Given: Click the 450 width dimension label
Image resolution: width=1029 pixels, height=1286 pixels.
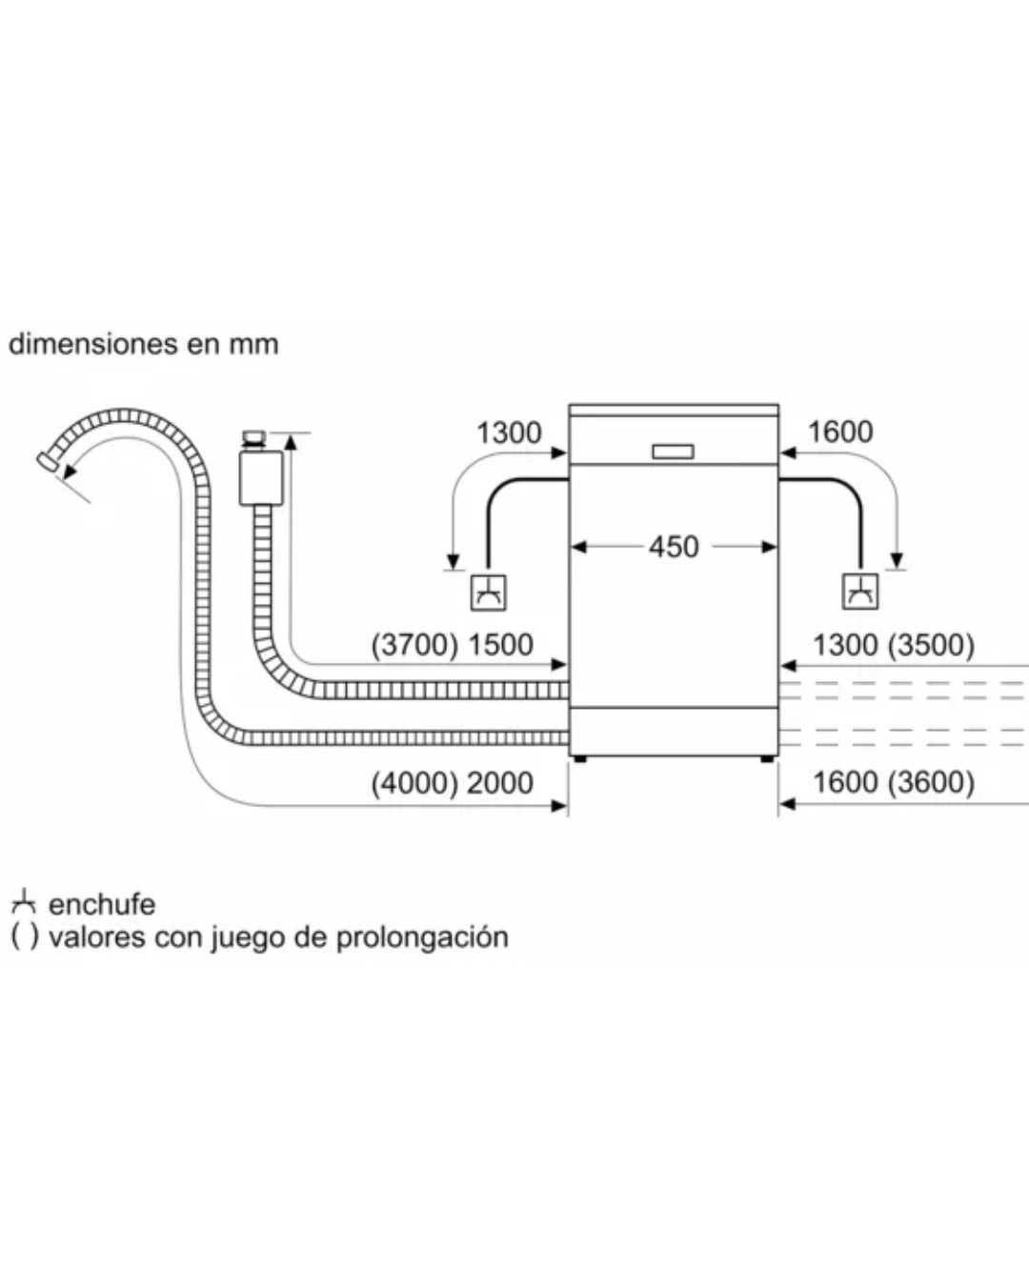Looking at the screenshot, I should pos(674,547).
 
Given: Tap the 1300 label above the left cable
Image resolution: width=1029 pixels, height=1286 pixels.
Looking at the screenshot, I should pos(509,432).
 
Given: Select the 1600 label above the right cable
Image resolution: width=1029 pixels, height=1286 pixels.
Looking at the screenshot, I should pos(839,432).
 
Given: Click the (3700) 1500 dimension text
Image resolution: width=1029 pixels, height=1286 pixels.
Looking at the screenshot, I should pos(452,645).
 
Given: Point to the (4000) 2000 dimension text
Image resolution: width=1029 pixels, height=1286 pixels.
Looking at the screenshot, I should pos(452,783).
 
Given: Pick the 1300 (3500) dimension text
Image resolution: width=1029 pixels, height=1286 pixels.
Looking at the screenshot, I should pos(893,645).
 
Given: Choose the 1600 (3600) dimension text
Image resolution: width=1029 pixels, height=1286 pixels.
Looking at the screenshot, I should pos(893,782).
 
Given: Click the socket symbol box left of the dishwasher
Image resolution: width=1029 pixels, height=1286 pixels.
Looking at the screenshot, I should pos(489,593).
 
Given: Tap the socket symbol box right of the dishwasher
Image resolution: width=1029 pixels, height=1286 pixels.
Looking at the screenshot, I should pos(860,592).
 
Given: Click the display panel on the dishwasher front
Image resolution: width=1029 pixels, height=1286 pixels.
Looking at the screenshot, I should pos(673,452).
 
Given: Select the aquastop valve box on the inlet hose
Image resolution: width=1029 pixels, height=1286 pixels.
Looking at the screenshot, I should pos(260,476).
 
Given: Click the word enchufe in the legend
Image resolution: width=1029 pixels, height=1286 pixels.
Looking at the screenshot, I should pos(102,904).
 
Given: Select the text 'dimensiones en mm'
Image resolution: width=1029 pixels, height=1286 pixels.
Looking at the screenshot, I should pos(144,344).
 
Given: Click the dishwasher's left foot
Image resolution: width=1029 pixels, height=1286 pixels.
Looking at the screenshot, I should pos(580,759).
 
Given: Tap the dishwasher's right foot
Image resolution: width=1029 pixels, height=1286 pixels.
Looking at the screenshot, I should pos(767,759).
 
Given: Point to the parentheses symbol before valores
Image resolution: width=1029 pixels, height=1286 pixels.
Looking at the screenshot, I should pos(25,936).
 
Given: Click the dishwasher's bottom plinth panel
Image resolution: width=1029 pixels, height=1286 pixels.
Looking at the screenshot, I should pos(674,732).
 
